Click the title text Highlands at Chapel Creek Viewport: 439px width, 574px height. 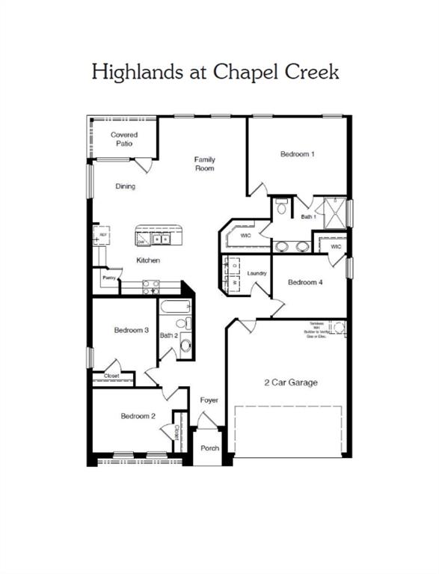click(x=215, y=73)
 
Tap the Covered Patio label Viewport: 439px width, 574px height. click(x=124, y=138)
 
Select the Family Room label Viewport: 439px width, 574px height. click(x=204, y=163)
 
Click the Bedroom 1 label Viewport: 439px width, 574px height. click(x=297, y=154)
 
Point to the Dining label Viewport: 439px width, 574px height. click(x=125, y=186)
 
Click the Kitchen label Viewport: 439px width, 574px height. click(x=147, y=260)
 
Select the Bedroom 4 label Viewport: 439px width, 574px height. click(x=305, y=282)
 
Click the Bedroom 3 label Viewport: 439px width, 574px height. click(x=131, y=330)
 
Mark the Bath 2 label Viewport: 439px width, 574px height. click(x=168, y=335)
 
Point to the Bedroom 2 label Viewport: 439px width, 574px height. click(x=138, y=416)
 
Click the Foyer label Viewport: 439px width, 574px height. click(x=209, y=400)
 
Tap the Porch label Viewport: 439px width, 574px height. click(x=209, y=449)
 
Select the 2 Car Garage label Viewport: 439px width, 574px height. click(x=290, y=382)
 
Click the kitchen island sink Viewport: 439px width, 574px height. click(x=160, y=239)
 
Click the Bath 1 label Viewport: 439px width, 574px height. click(x=308, y=217)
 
